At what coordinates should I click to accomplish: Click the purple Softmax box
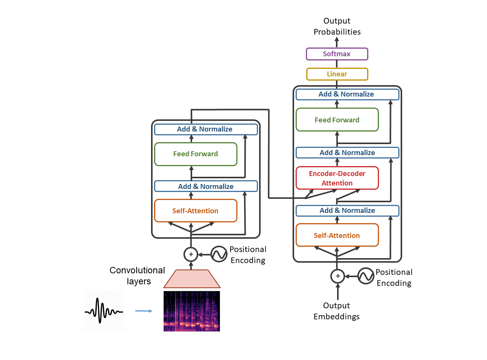coord(337,54)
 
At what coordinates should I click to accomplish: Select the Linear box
coord(337,74)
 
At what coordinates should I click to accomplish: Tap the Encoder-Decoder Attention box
coord(337,178)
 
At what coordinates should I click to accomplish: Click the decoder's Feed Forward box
coord(337,120)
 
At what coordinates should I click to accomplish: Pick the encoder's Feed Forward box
coord(196,154)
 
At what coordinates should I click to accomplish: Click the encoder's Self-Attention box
coord(196,211)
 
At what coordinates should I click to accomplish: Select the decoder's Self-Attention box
coord(337,235)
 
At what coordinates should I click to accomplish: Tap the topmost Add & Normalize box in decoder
coord(347,94)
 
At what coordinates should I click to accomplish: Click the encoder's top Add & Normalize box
coord(206,129)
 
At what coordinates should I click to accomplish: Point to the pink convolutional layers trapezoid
coord(192,279)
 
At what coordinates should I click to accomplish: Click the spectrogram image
coord(192,311)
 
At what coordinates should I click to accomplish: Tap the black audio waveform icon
coord(104,311)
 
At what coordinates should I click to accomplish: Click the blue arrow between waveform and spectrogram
coord(144,311)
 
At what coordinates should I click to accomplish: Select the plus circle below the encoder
coord(191,254)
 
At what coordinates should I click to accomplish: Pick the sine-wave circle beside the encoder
coord(220,254)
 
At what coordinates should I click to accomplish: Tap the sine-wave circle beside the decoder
coord(366,276)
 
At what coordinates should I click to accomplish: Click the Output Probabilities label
coord(337,26)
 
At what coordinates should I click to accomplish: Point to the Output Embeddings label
coord(337,311)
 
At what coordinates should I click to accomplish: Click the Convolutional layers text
coord(137,276)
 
